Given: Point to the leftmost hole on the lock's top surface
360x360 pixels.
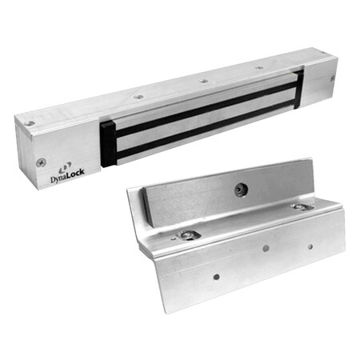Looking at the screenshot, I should [x=30, y=122].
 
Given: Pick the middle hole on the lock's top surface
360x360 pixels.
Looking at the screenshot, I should [x=203, y=81].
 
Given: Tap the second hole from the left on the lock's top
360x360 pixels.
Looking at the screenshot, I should [x=138, y=96].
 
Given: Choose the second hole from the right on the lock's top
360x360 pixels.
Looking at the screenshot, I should [x=258, y=69].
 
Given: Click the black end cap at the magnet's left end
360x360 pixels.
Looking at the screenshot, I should [x=108, y=144].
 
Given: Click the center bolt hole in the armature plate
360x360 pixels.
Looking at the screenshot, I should [x=238, y=190].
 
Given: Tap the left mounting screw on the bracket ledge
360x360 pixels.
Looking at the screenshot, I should [x=190, y=234].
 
